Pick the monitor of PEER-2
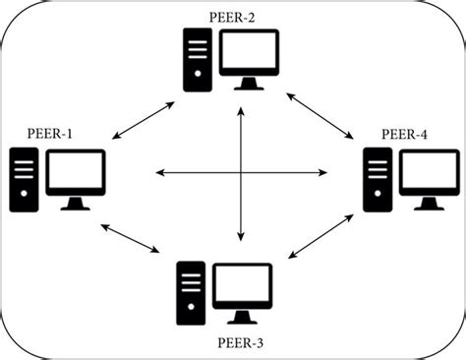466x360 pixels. pos(251,57)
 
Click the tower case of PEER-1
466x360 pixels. pos(25,179)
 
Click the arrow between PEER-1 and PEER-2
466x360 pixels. pos(144,119)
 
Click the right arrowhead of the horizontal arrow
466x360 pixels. pos(324,174)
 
